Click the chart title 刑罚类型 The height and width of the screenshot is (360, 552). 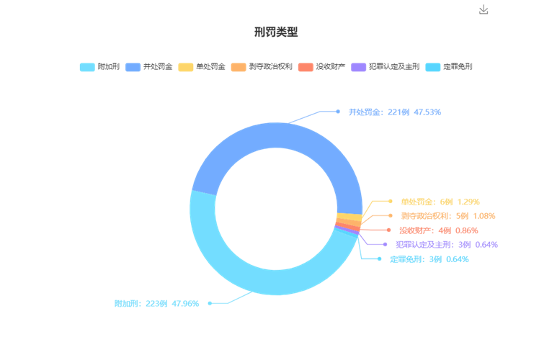click(276, 32)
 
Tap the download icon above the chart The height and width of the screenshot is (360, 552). click(484, 9)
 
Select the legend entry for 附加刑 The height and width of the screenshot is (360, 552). click(99, 67)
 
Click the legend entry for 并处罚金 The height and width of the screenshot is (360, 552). click(149, 67)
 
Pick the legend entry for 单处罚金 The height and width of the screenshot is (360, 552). click(202, 67)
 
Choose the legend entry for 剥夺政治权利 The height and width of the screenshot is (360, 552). click(262, 67)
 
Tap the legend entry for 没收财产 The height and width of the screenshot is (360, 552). click(322, 67)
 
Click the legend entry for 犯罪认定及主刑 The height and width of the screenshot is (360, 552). click(385, 67)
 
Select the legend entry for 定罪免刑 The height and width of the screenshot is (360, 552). click(449, 67)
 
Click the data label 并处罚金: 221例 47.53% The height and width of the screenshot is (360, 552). click(395, 112)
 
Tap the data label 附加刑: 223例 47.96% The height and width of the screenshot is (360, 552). click(156, 303)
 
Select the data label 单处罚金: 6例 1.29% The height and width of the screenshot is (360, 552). click(440, 202)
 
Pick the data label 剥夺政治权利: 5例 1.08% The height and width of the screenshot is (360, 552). click(448, 216)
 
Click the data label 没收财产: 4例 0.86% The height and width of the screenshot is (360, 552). click(439, 230)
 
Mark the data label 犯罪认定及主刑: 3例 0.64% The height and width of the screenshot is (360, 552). click(447, 245)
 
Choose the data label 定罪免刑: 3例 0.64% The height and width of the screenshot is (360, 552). click(429, 259)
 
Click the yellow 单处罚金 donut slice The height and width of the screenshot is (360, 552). click(350, 217)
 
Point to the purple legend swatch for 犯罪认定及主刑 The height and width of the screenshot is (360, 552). click(358, 67)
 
